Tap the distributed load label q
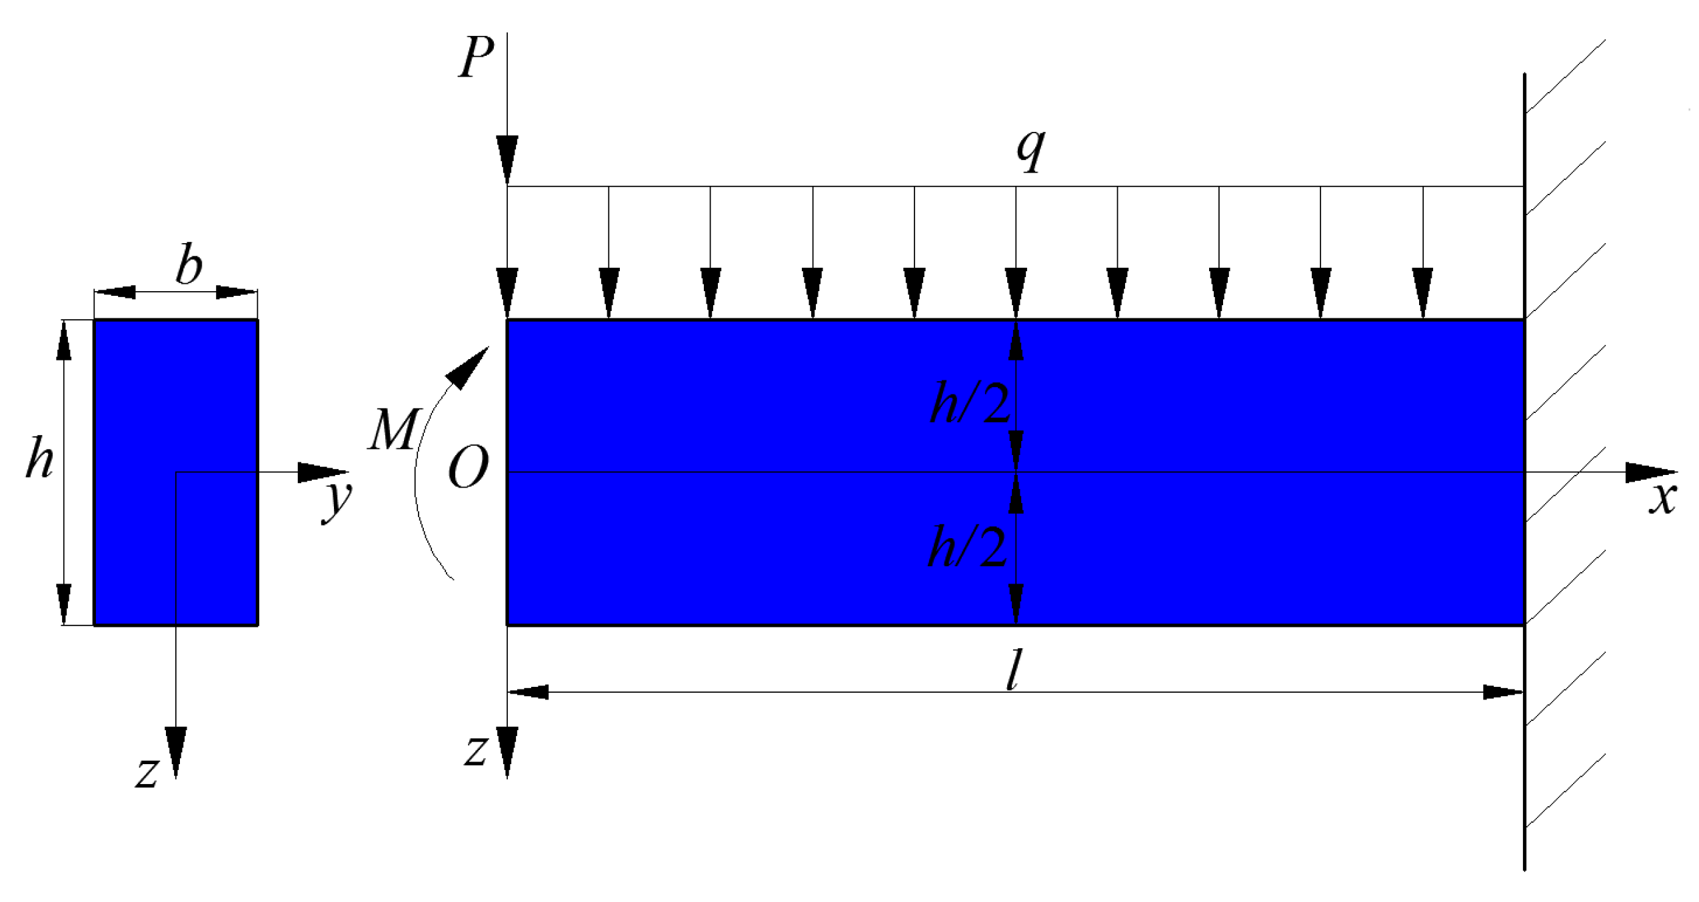click(x=1030, y=151)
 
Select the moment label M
click(x=393, y=430)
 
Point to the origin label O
click(x=468, y=468)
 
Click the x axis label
click(x=1662, y=498)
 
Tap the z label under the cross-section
click(x=147, y=773)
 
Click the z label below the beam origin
click(x=476, y=751)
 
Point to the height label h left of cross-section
click(x=39, y=460)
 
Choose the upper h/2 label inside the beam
click(x=969, y=404)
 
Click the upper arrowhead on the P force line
click(x=507, y=157)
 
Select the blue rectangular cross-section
click(x=175, y=472)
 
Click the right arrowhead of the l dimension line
click(x=1502, y=692)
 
